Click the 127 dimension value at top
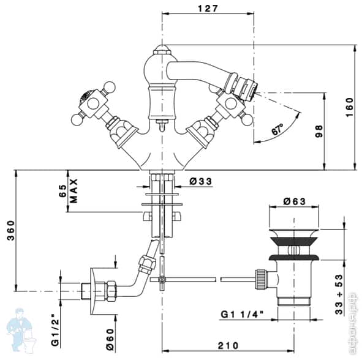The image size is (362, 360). pyautogui.click(x=208, y=8)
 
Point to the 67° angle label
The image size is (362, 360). pyautogui.click(x=277, y=130)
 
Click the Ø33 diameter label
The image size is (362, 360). pyautogui.click(x=200, y=181)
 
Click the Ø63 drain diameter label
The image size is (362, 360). pyautogui.click(x=295, y=201)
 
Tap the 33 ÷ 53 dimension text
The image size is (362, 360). pyautogui.click(x=339, y=286)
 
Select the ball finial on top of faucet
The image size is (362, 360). pyautogui.click(x=162, y=48)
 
